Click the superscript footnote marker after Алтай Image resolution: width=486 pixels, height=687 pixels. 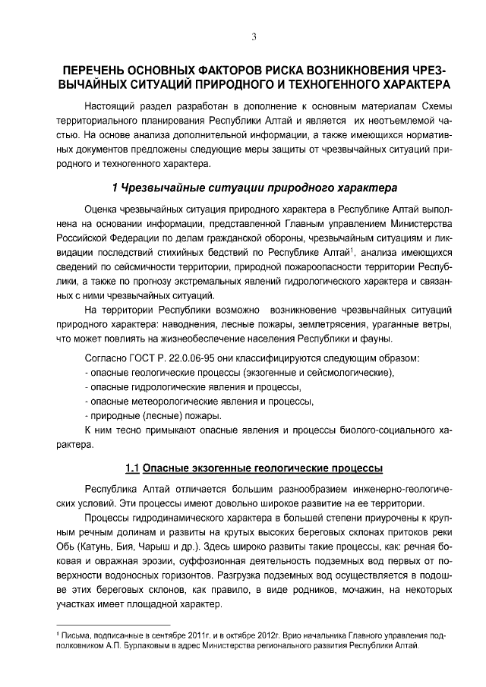(x=351, y=247)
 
